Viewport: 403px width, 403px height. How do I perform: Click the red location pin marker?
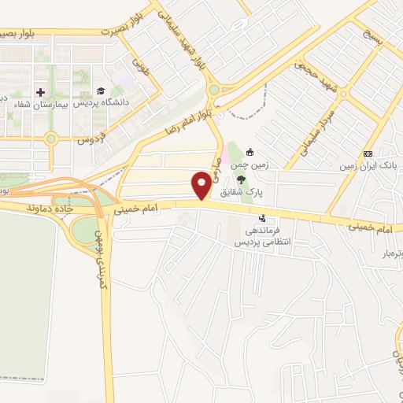[202, 186]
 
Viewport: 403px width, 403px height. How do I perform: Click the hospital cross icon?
[41, 91]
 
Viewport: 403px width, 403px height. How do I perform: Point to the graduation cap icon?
[100, 91]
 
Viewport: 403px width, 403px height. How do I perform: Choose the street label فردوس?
[92, 140]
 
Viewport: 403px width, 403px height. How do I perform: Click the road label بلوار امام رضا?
[187, 120]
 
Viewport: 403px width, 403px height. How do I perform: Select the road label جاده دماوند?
[50, 208]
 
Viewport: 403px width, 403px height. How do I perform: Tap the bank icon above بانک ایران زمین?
[368, 153]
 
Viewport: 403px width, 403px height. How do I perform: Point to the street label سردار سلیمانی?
[310, 126]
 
